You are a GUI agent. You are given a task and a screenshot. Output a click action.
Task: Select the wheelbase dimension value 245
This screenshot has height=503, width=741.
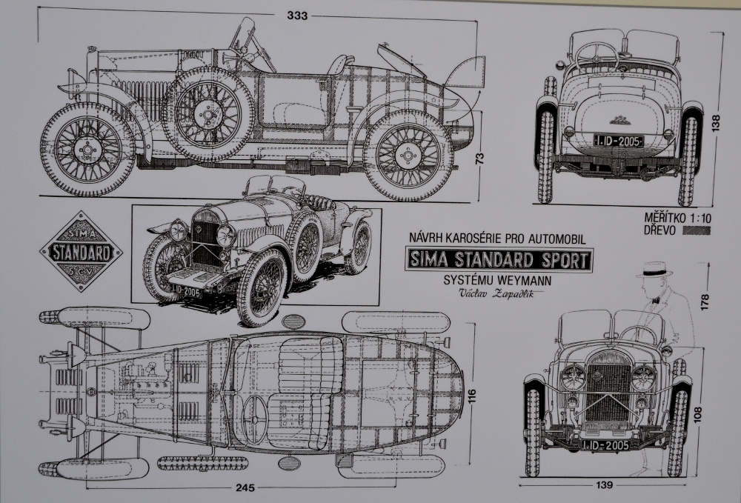246,487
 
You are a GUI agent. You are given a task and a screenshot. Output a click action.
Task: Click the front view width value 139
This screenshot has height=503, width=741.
604,485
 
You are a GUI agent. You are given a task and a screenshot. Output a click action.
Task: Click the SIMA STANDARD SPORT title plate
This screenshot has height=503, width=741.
499,260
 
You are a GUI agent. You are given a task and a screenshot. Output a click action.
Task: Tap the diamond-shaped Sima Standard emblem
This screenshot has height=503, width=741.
81,251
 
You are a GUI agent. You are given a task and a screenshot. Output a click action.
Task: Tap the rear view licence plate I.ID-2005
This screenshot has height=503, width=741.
619,140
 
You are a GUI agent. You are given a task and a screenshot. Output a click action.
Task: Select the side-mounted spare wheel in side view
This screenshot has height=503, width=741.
207,113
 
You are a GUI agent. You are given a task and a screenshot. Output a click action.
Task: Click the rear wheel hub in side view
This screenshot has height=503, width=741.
407,155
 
